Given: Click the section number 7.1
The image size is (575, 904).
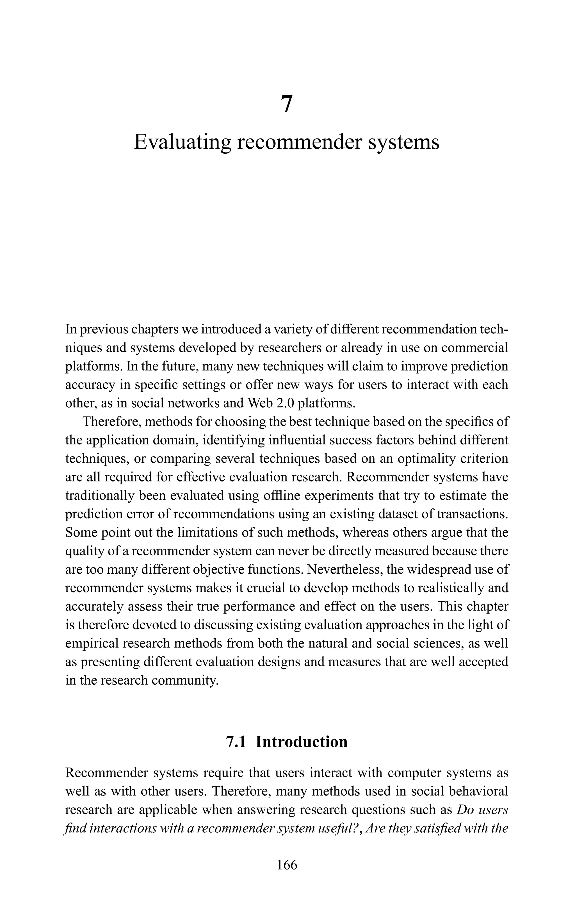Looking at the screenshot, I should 236,742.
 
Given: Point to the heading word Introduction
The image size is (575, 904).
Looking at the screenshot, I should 301,742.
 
